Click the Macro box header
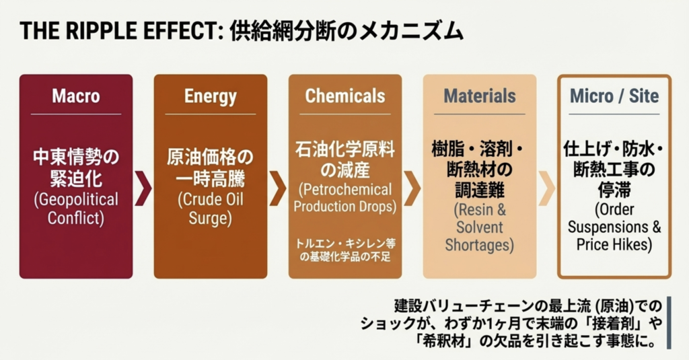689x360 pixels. (76, 96)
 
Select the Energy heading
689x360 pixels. (211, 96)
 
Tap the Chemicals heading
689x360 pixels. (345, 96)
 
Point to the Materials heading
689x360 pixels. (479, 96)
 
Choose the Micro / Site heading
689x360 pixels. (614, 96)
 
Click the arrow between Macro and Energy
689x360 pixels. (143, 188)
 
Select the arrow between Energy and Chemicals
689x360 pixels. (278, 188)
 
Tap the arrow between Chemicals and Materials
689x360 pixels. (412, 188)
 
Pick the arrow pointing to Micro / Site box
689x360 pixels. (546, 188)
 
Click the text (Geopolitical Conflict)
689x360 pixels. (76, 209)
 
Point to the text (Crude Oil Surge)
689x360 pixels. (211, 209)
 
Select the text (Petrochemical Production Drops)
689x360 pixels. (345, 198)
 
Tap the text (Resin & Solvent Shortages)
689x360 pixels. (479, 227)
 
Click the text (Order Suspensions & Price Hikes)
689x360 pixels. (614, 227)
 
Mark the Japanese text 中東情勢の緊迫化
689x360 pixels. (76, 168)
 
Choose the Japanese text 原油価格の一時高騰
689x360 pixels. (211, 168)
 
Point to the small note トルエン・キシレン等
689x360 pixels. (345, 244)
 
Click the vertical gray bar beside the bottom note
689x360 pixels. (669, 322)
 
